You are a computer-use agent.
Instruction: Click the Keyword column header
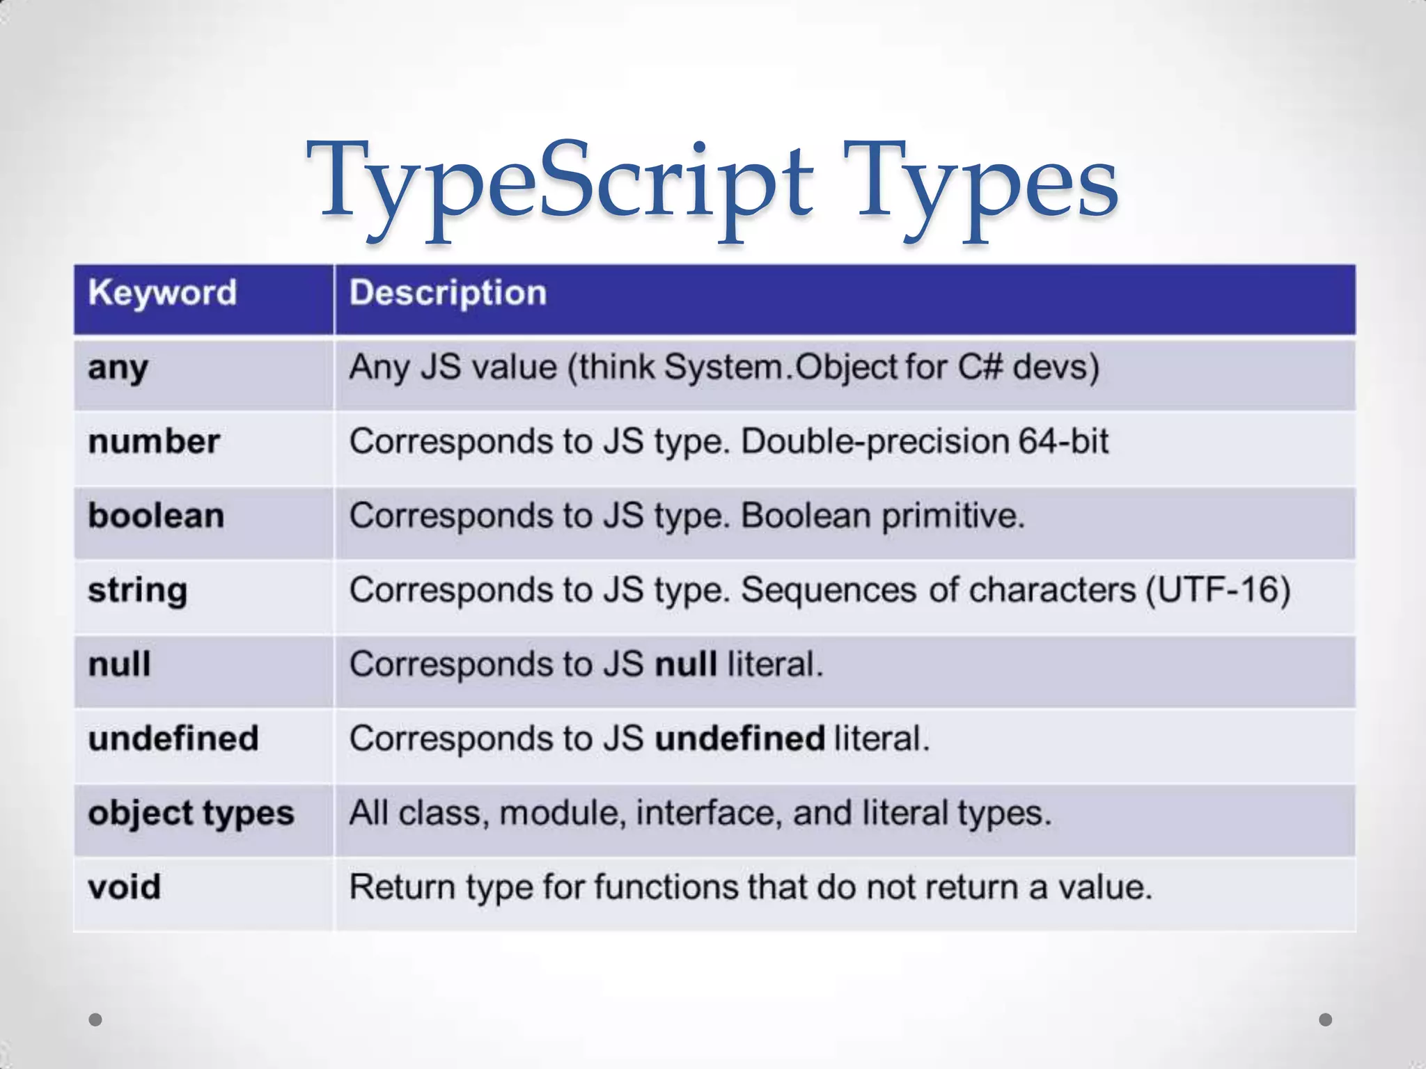tap(162, 293)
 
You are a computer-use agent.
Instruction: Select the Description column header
tap(448, 293)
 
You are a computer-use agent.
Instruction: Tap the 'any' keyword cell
tap(118, 368)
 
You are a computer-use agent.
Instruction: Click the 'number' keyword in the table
tap(154, 442)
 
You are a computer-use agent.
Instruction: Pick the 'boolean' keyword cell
tap(156, 516)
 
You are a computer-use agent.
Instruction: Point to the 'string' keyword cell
tap(138, 591)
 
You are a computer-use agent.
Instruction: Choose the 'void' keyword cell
tap(125, 887)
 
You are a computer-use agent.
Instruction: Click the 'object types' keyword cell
tap(191, 814)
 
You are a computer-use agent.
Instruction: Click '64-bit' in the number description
tap(1063, 441)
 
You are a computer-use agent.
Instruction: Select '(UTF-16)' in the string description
tap(1218, 590)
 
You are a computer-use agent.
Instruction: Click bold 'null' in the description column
tap(686, 664)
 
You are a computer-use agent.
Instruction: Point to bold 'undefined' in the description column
tap(739, 738)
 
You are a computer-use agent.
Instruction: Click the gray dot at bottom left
tap(96, 1020)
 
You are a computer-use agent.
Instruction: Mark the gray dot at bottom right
tap(1326, 1020)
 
